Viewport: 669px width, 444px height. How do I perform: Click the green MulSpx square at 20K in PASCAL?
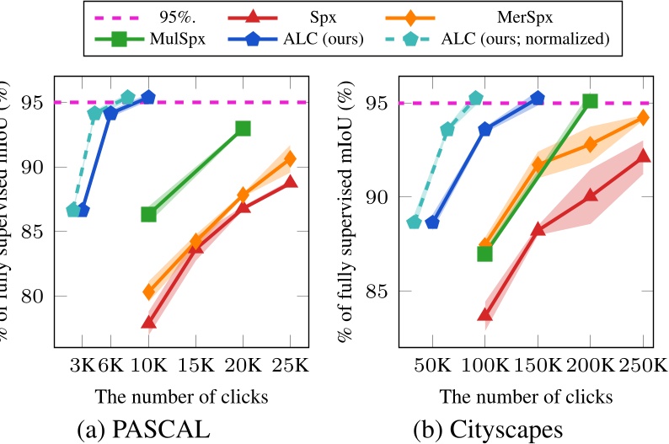(x=243, y=128)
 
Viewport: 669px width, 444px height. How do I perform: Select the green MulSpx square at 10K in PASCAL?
(x=148, y=214)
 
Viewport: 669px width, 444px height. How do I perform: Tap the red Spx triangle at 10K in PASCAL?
(x=148, y=322)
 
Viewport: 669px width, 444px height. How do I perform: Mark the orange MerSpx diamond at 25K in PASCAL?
(x=290, y=158)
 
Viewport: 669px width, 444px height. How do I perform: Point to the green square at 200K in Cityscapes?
(x=590, y=101)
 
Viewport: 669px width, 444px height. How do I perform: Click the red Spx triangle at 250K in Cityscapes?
(x=643, y=155)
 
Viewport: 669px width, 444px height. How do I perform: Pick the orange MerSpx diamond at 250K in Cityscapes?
(x=643, y=117)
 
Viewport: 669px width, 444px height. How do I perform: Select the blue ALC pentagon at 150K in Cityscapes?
(x=538, y=99)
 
